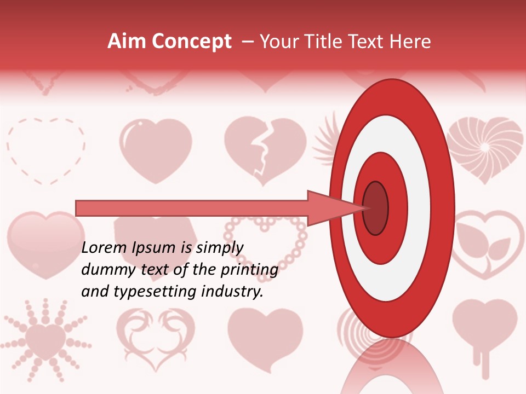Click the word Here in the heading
pyautogui.click(x=411, y=42)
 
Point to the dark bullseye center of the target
pyautogui.click(x=375, y=208)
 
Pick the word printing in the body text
pyautogui.click(x=249, y=270)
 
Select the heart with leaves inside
pyautogui.click(x=489, y=243)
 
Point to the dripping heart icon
pyautogui.click(x=484, y=331)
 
